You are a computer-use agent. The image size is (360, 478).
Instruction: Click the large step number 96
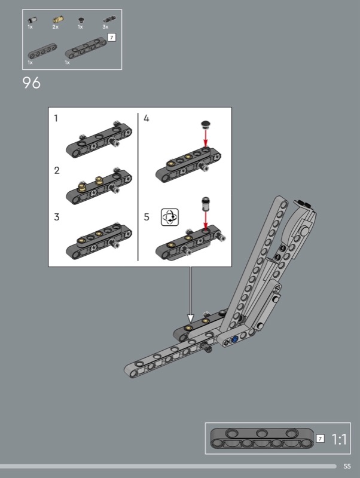pos(32,82)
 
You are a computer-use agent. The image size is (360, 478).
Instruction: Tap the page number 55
pos(347,467)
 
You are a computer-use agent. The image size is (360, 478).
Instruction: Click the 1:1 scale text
pos(339,439)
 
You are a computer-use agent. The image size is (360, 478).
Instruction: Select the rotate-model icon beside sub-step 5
pos(170,217)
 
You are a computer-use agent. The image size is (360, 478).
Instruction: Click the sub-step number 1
pos(56,118)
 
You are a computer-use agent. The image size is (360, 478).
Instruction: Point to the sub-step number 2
pos(57,170)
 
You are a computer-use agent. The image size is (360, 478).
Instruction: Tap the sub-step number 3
pos(57,217)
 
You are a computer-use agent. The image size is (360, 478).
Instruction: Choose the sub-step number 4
pos(147,118)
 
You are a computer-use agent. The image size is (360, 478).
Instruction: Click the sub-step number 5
pos(147,217)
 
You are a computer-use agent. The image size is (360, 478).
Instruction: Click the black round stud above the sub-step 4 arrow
pos(206,124)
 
